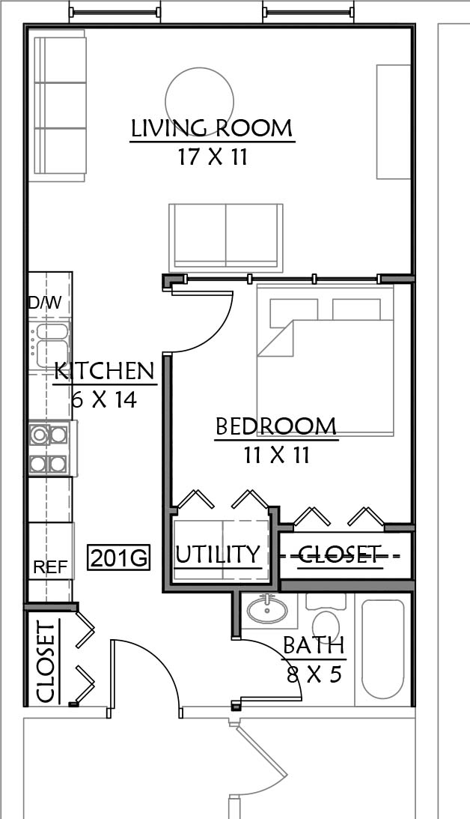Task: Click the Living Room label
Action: click(212, 128)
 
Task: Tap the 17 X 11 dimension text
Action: click(213, 157)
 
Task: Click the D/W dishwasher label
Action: click(45, 303)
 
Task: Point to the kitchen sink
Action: click(51, 345)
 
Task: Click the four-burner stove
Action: click(49, 449)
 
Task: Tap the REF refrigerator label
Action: click(51, 566)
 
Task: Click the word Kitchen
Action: click(105, 371)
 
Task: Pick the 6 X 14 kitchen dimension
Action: click(104, 400)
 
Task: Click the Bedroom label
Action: click(276, 427)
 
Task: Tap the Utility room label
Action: click(218, 554)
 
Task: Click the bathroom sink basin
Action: click(266, 610)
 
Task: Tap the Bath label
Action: click(314, 646)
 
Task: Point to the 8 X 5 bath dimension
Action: click(314, 674)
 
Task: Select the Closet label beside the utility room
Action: click(340, 554)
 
